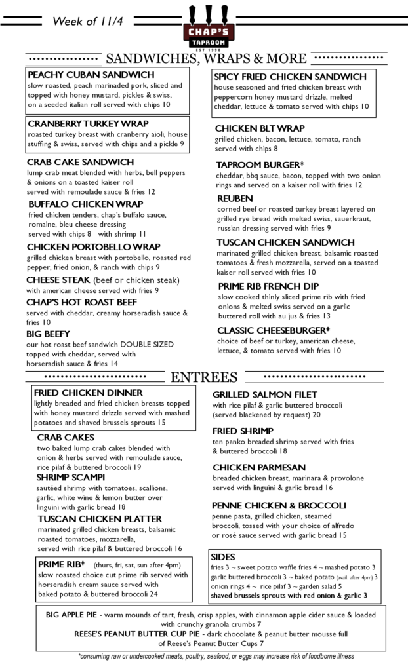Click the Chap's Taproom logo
203,26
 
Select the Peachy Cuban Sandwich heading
91,75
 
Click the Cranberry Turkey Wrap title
88,123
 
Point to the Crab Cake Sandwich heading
80,162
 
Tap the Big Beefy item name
52,333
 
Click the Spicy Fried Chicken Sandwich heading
290,77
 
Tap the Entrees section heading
203,377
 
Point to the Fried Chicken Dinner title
88,393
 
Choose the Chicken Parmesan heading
258,467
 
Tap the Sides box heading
223,556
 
